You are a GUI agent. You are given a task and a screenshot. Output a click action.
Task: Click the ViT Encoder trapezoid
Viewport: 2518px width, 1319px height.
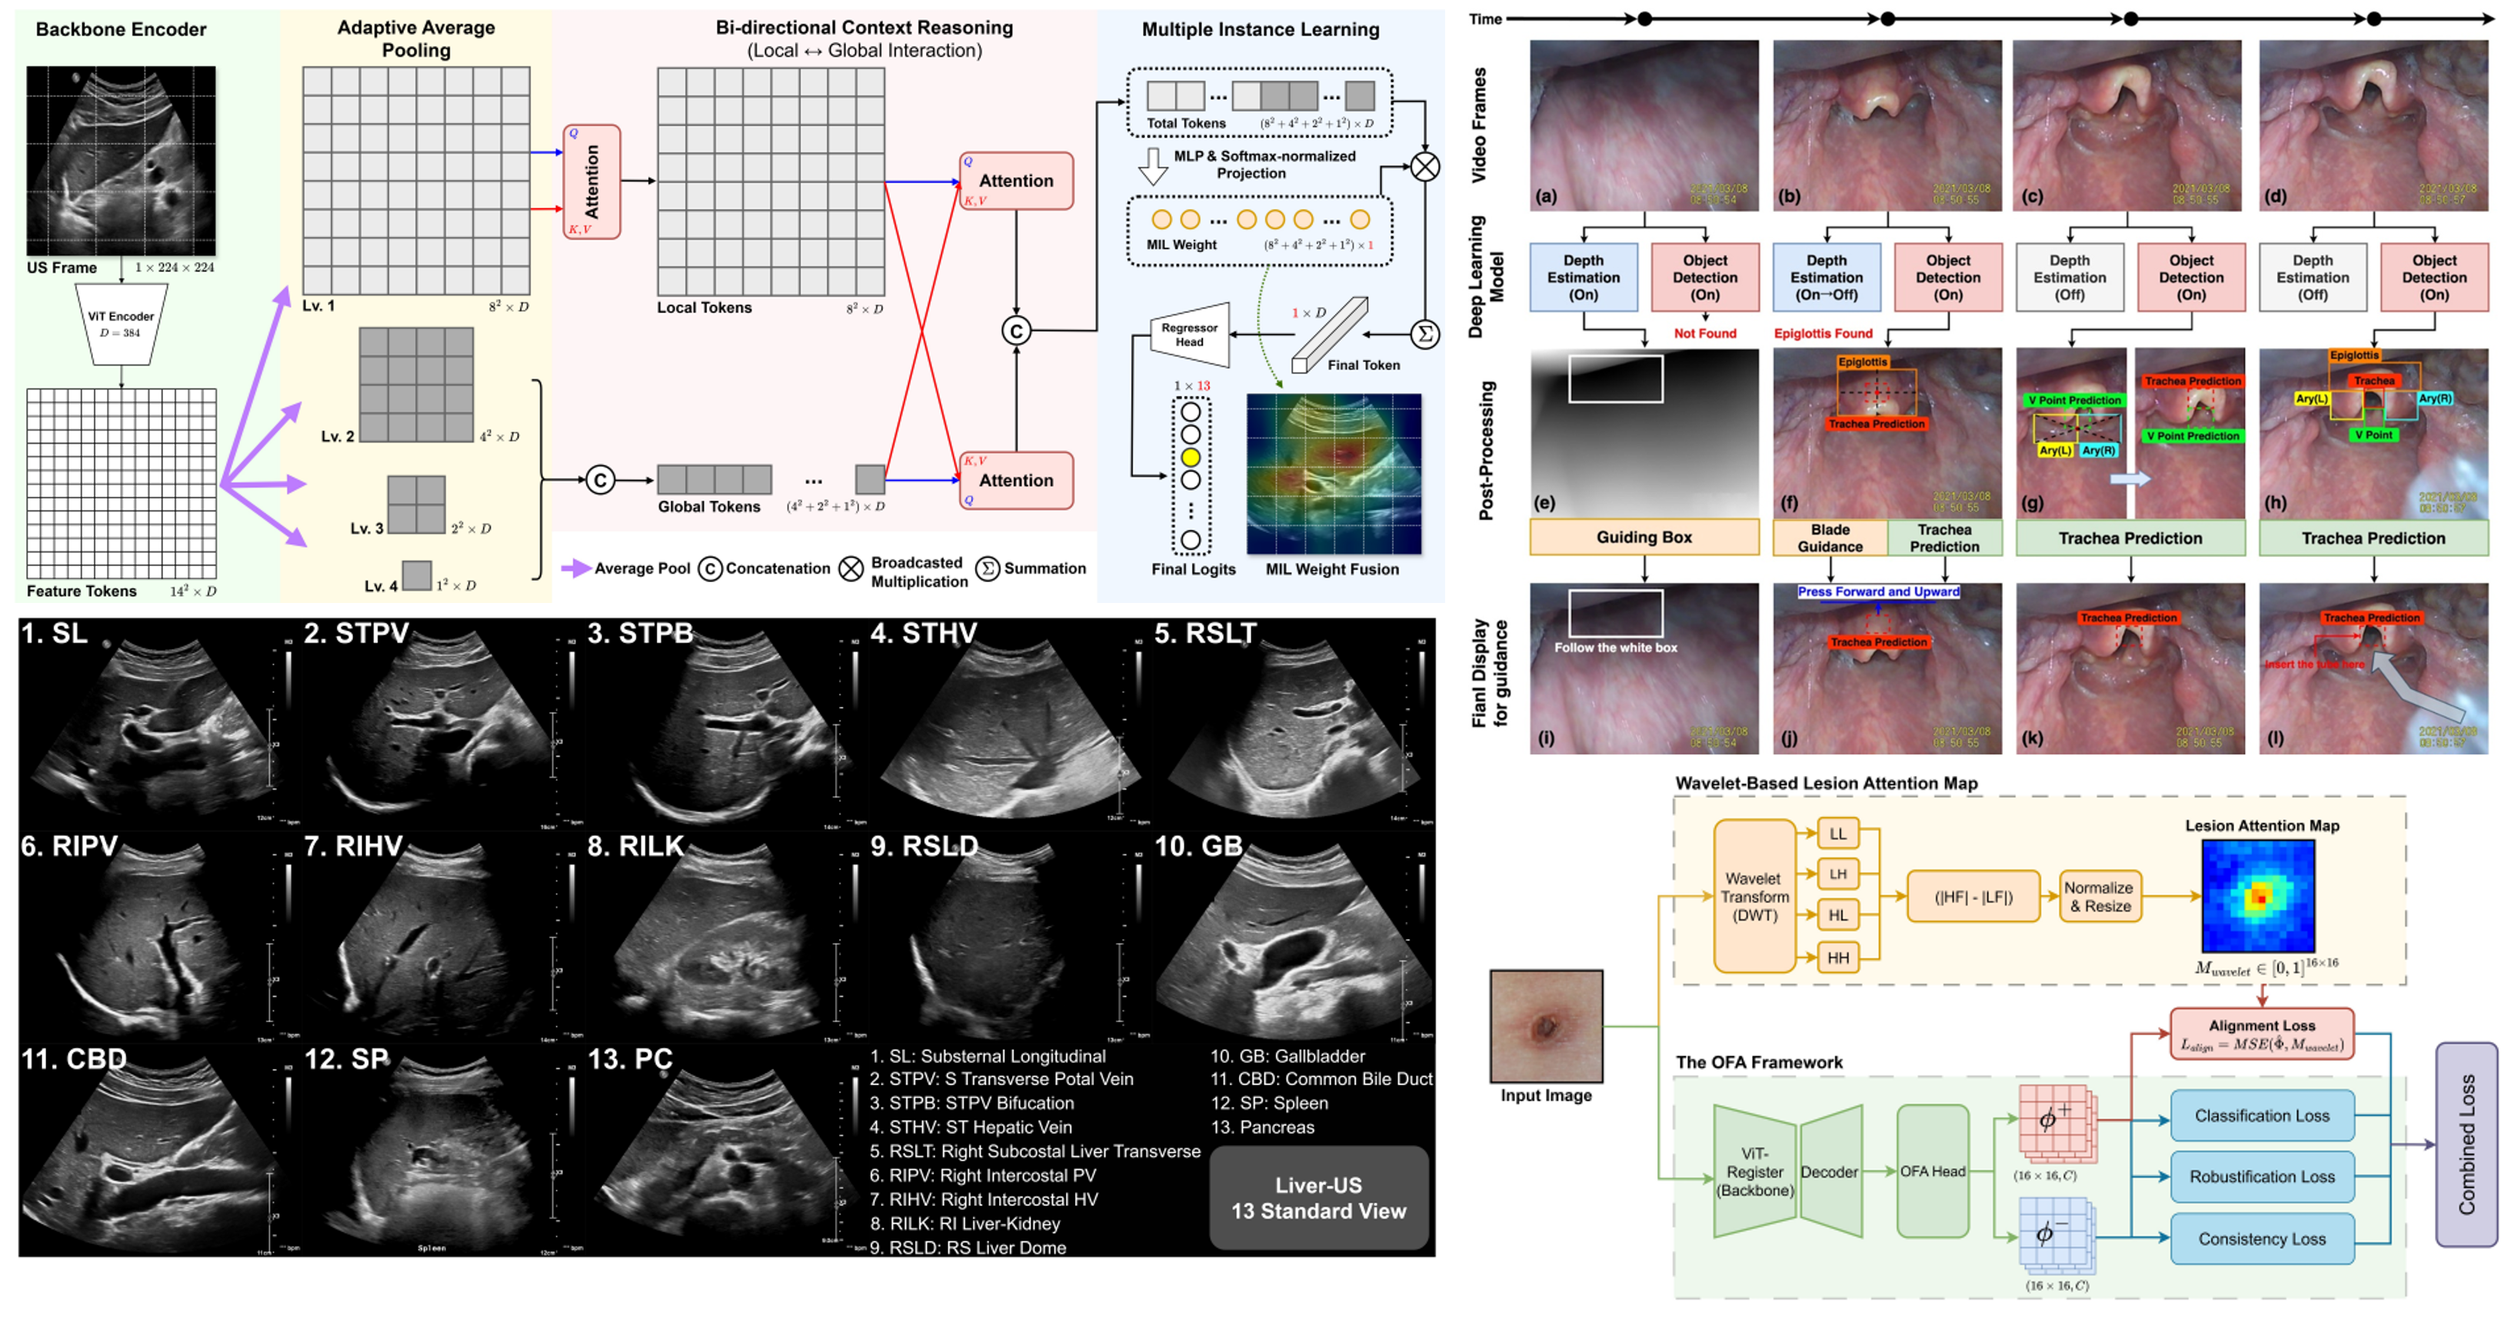[122, 325]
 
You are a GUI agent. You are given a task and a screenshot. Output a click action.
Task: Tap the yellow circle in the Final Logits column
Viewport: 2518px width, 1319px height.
[1191, 457]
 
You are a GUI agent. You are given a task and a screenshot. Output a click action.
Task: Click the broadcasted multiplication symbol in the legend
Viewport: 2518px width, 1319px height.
[851, 569]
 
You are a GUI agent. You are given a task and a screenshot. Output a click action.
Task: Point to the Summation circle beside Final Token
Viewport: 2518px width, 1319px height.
[1425, 335]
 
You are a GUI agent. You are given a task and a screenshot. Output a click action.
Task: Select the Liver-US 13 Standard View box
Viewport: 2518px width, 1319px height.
[1319, 1197]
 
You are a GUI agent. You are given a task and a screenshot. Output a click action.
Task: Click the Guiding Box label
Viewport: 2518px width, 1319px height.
[1644, 537]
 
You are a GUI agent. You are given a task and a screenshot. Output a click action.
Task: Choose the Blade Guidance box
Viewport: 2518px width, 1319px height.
[1830, 538]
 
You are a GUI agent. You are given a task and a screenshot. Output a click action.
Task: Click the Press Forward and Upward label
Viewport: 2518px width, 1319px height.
[1878, 591]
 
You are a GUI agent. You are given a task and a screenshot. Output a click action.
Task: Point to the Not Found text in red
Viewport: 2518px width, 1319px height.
[1705, 334]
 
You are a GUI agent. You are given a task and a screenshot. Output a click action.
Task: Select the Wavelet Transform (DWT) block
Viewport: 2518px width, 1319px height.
[1754, 897]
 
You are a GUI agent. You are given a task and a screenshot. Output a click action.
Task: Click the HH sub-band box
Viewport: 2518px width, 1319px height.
[1837, 958]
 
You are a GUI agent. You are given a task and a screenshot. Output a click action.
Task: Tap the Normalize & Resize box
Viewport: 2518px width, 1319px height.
[2099, 897]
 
